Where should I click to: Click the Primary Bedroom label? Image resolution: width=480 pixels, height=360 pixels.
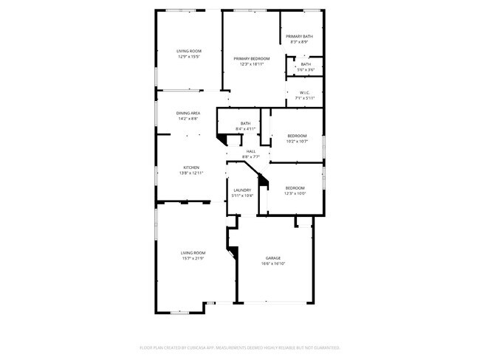coord(252,58)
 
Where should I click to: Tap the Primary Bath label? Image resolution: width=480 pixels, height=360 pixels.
coord(300,36)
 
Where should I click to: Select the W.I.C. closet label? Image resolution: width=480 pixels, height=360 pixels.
coord(305,92)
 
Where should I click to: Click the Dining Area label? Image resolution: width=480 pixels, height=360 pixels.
coord(189,113)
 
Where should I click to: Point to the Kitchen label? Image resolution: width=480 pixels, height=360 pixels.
coord(191,167)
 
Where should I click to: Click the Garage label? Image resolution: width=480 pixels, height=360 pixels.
coord(273,257)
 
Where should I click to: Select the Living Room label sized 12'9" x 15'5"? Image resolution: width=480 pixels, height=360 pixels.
coord(189,51)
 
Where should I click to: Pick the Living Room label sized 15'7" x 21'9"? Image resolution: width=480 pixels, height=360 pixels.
coord(193,253)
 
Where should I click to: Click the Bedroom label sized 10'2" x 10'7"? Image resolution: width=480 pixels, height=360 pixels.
coord(297,136)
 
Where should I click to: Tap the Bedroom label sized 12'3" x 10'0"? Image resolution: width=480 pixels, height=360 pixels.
coord(295,188)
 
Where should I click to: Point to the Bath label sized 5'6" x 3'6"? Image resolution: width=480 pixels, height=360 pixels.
coord(306,64)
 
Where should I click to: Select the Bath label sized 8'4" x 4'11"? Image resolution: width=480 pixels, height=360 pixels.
coord(245,123)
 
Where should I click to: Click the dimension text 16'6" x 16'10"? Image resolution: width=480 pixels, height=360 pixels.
coord(273,263)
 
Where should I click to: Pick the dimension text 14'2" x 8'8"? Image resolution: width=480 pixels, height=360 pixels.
coord(189,119)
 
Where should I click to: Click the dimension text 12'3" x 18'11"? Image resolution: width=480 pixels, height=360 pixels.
coord(252,64)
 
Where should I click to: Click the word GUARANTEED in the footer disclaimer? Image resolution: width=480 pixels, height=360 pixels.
coord(323,347)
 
